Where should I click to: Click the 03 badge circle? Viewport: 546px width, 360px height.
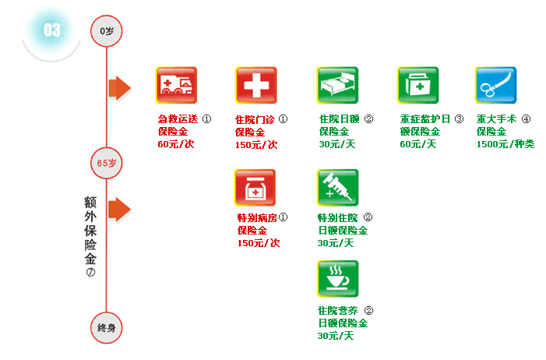pyautogui.click(x=51, y=30)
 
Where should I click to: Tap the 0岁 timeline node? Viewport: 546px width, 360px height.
pyautogui.click(x=107, y=30)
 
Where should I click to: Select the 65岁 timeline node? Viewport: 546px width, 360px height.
pyautogui.click(x=107, y=164)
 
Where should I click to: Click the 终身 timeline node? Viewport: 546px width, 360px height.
pyautogui.click(x=107, y=327)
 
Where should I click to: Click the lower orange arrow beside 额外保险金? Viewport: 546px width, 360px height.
pyautogui.click(x=119, y=209)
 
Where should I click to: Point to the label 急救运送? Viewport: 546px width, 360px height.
pyautogui.click(x=178, y=120)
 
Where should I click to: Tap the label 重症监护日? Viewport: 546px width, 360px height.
pyautogui.click(x=425, y=120)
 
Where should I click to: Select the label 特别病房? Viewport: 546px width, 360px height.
pyautogui.click(x=257, y=218)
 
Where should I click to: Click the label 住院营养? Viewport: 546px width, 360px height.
pyautogui.click(x=338, y=310)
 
